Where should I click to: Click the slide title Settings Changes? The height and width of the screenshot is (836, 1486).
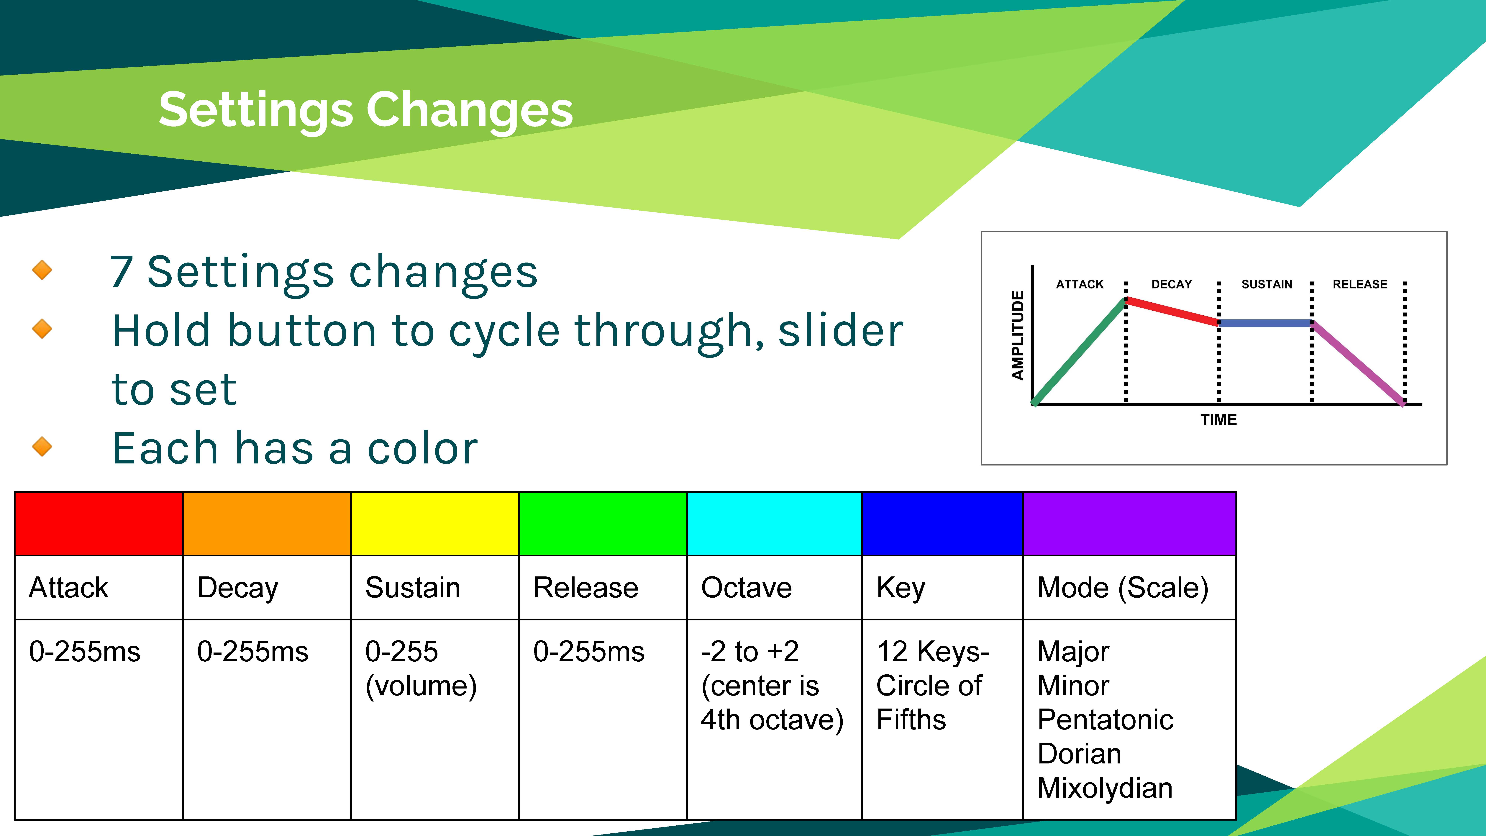point(366,110)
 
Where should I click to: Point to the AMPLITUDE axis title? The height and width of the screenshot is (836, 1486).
point(1018,335)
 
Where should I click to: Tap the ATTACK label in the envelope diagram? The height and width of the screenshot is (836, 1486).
point(1079,284)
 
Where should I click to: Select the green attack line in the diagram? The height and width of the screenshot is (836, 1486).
point(1079,351)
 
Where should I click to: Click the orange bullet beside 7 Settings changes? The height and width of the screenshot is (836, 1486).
point(42,269)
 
